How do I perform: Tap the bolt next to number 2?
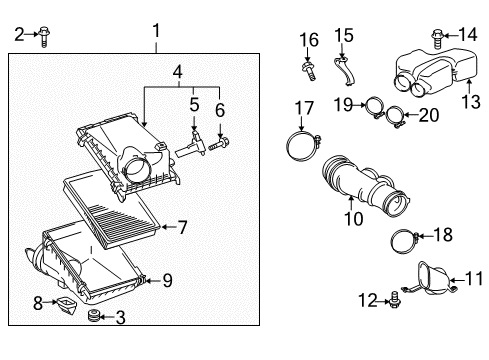pos(43,37)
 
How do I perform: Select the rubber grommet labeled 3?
pos(95,319)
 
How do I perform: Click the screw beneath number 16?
pos(308,71)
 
